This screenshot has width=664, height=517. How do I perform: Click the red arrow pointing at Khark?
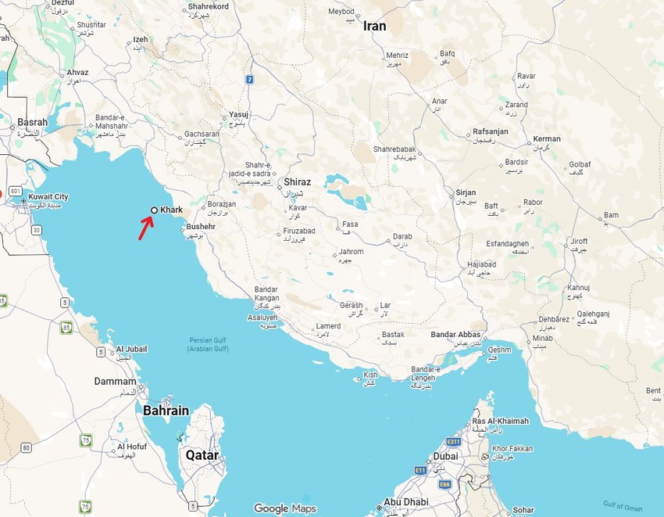146,228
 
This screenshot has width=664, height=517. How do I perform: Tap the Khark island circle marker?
154,210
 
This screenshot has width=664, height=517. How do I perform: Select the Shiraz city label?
298,181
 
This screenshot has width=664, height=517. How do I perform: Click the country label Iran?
374,26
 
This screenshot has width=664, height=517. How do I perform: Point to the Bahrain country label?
166,410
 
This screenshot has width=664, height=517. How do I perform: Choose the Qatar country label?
202,454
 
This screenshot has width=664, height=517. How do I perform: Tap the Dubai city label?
445,455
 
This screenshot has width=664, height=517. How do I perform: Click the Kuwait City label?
48,197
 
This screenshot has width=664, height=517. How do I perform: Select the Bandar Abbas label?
455,335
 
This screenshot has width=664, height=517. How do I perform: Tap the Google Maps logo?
284,508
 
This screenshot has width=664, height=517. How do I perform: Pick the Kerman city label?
547,139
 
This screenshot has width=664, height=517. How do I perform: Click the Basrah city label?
32,123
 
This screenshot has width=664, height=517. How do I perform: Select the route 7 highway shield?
249,79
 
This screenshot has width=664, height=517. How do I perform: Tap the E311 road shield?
454,442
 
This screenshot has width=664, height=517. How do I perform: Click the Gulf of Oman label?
622,505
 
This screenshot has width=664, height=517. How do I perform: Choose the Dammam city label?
115,382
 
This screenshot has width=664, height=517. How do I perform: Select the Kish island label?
370,375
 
